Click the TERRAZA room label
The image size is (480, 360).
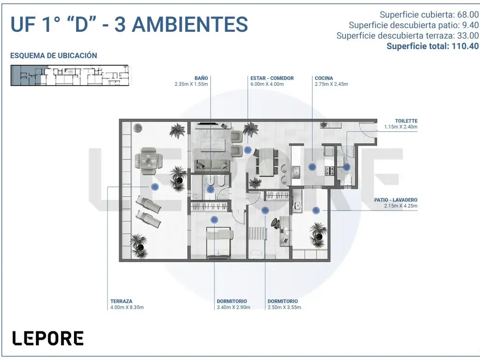click(121, 301)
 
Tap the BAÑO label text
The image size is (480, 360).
click(201, 78)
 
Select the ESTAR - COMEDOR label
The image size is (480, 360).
click(272, 78)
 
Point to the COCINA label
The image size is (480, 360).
click(323, 78)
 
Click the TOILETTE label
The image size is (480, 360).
click(406, 121)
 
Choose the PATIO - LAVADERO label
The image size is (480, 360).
click(396, 200)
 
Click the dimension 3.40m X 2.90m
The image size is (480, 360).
click(233, 307)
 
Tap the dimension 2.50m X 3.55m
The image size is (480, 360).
click(284, 307)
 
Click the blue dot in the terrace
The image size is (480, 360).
click(155, 187)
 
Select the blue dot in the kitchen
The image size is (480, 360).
click(312, 167)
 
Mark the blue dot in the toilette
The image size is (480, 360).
click(346, 167)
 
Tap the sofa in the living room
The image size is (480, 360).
click(212, 165)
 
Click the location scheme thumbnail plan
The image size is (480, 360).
click(70, 75)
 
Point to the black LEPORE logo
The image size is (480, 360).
click(48, 338)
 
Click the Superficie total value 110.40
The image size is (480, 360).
click(465, 46)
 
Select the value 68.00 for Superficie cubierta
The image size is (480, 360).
click(468, 15)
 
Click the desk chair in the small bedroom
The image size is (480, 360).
click(275, 223)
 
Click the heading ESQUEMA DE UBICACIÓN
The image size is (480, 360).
click(53, 55)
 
